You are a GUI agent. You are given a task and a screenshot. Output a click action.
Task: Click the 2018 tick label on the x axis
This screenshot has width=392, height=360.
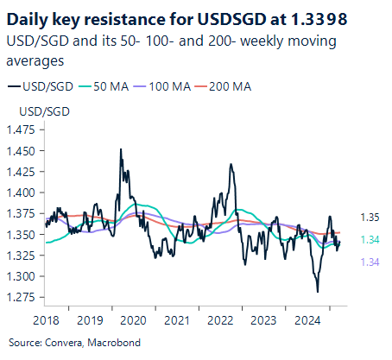47,320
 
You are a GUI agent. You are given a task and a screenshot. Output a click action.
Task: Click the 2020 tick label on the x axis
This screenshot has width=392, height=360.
133,320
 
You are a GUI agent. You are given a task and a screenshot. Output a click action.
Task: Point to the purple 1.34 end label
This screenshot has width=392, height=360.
369,262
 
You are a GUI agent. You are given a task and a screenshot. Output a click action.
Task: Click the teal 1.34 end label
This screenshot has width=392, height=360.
369,240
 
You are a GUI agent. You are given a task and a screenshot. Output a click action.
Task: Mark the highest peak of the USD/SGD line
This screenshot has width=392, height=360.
120,149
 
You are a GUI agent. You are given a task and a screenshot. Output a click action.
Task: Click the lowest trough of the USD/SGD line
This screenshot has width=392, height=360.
318,292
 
